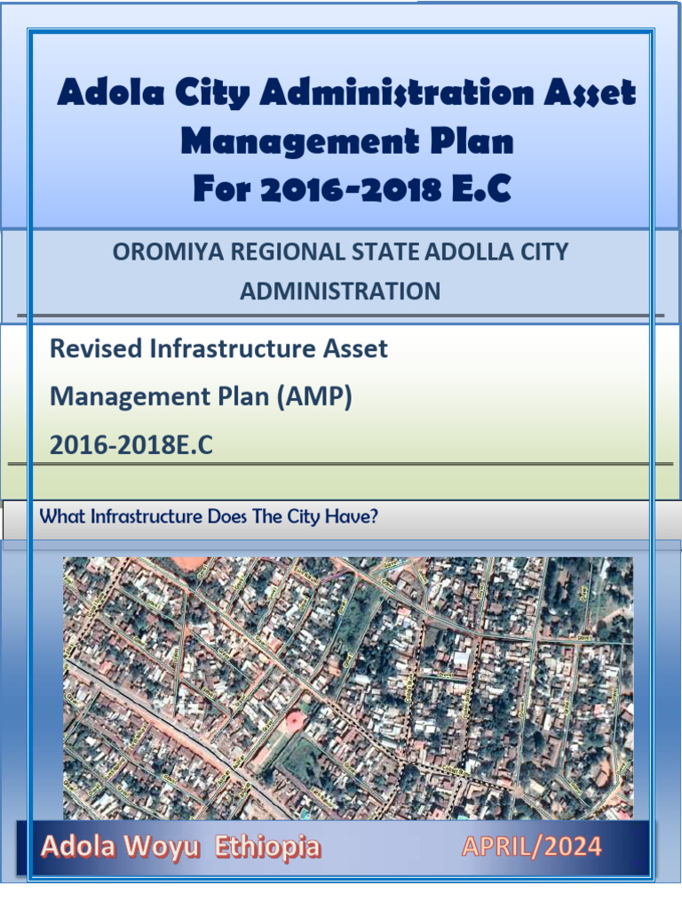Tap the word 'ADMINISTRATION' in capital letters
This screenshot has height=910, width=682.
coord(340,291)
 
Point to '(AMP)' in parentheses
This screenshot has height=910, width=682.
coord(314,396)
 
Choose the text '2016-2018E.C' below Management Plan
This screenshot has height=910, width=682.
coord(131,445)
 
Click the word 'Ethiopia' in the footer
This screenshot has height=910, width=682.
coord(267,846)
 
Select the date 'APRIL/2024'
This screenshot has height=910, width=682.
coord(531,846)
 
